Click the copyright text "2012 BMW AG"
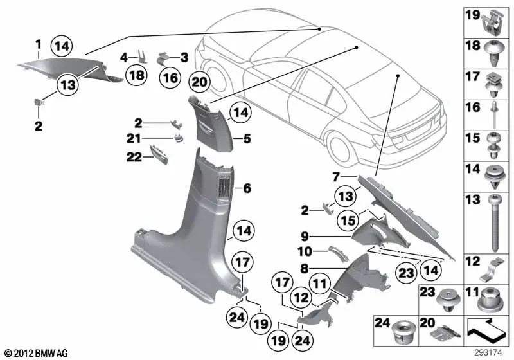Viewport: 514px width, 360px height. (x=33, y=353)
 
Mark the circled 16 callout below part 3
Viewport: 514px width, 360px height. (x=169, y=78)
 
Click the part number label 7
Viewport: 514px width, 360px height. (x=336, y=176)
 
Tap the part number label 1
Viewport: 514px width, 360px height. (x=38, y=44)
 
